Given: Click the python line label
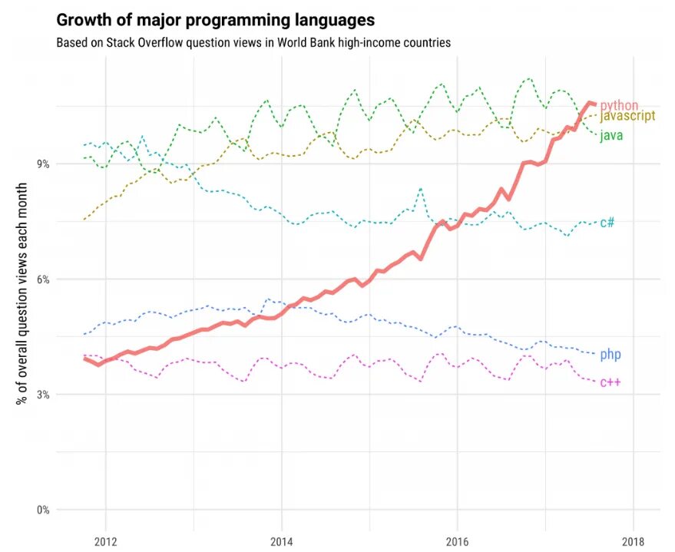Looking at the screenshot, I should (x=619, y=105).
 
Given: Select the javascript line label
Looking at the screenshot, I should (x=627, y=117).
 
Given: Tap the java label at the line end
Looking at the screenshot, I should (x=610, y=136).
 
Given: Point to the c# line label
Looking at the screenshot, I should (x=607, y=223).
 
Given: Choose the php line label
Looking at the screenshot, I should (x=610, y=355).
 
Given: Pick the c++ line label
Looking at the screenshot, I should (x=610, y=382).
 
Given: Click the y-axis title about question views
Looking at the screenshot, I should (x=23, y=294).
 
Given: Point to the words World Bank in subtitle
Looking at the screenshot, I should (x=312, y=43).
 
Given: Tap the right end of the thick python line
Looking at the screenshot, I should (x=595, y=104).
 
